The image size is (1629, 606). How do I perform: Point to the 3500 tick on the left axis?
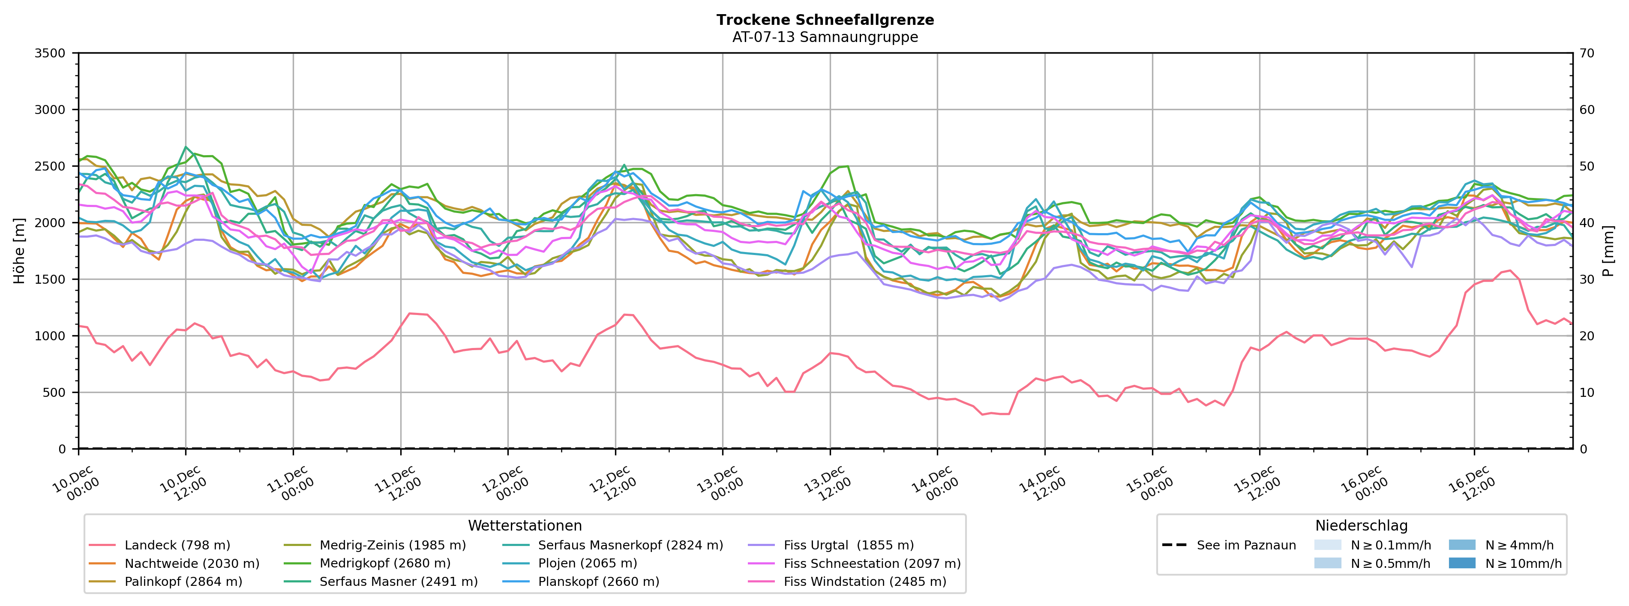[50, 53]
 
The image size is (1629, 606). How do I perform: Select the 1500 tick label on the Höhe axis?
[50, 279]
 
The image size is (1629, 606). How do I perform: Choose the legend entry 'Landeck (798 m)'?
[177, 545]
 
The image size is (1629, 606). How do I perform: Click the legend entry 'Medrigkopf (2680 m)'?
[384, 564]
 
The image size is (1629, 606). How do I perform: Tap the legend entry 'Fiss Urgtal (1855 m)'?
[848, 545]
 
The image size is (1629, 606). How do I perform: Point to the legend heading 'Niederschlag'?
[1361, 526]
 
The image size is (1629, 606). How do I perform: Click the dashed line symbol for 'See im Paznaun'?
[1174, 545]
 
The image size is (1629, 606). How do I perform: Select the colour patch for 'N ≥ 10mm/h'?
[1461, 564]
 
